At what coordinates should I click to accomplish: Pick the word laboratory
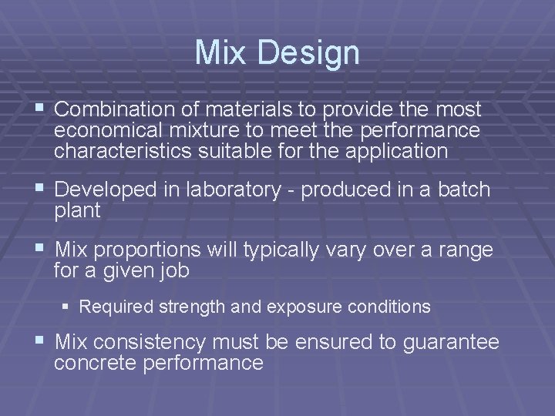tap(229, 190)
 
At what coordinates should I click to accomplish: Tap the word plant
tap(77, 211)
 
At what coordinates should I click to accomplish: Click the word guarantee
tap(451, 342)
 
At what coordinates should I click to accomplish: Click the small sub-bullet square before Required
tap(67, 307)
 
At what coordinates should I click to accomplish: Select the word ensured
tap(335, 342)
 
